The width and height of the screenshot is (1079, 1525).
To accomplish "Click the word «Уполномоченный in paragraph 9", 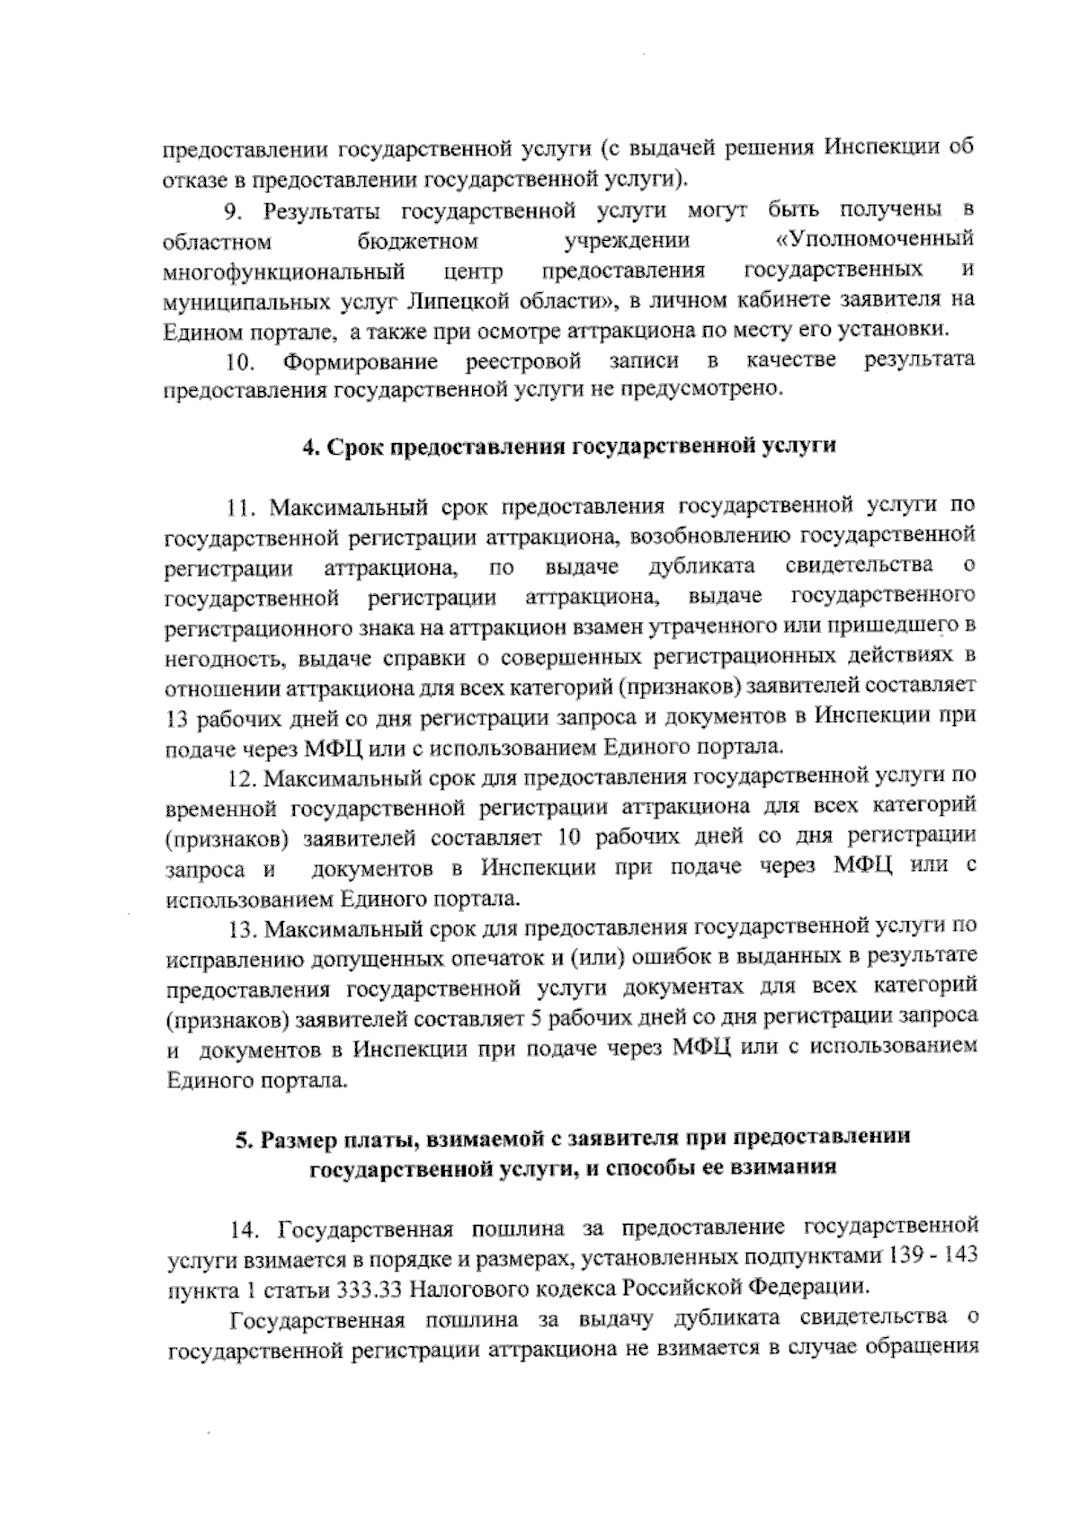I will [x=875, y=241].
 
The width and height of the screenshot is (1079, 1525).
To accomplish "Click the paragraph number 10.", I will [x=240, y=362].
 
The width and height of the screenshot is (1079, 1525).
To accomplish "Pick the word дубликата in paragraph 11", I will [x=700, y=567].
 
